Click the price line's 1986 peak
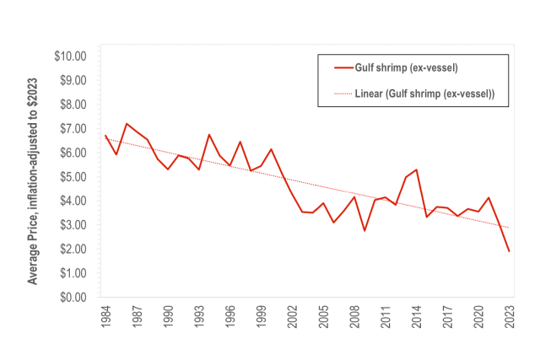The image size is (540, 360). pos(127,124)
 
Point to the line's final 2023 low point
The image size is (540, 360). pos(509,251)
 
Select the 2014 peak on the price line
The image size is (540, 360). pos(416,169)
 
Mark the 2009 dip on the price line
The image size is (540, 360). pos(364,230)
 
